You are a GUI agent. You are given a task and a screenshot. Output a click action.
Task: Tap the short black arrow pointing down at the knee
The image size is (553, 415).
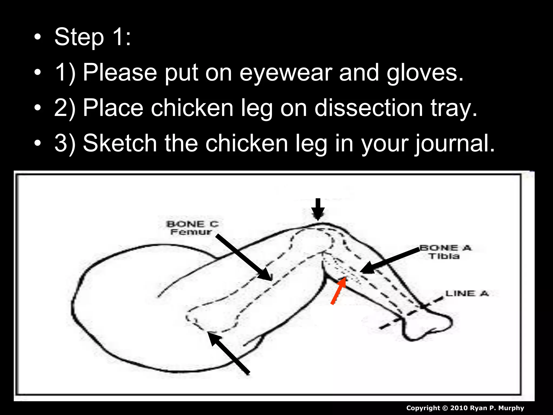click(318, 209)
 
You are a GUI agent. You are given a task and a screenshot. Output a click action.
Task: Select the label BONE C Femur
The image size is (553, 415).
click(192, 228)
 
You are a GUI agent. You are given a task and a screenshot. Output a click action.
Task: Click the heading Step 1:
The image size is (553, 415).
click(92, 37)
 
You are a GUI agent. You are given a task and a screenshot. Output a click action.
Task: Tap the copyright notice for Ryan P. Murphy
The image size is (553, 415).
click(465, 408)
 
